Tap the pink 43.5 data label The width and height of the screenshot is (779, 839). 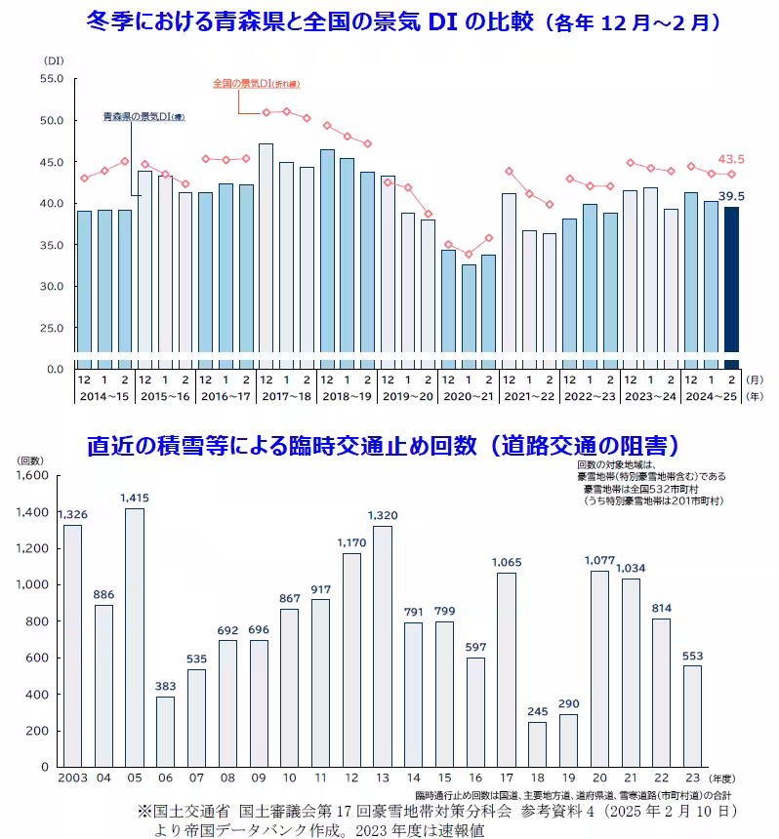pyautogui.click(x=731, y=158)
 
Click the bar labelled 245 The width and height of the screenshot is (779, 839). pyautogui.click(x=537, y=743)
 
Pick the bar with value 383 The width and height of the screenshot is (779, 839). pyautogui.click(x=166, y=731)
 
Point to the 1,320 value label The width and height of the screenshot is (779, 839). pyautogui.click(x=383, y=515)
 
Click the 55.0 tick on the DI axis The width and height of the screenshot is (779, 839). pyautogui.click(x=51, y=79)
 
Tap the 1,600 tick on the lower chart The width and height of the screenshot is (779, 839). pyautogui.click(x=31, y=476)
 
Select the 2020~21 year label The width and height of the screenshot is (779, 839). pyautogui.click(x=469, y=396)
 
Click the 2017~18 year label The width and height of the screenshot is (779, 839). pyautogui.click(x=287, y=396)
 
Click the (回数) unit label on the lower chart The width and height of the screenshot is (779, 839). pyautogui.click(x=29, y=459)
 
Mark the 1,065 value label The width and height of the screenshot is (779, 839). pyautogui.click(x=506, y=562)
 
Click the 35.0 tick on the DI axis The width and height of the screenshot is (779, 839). pyautogui.click(x=51, y=245)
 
